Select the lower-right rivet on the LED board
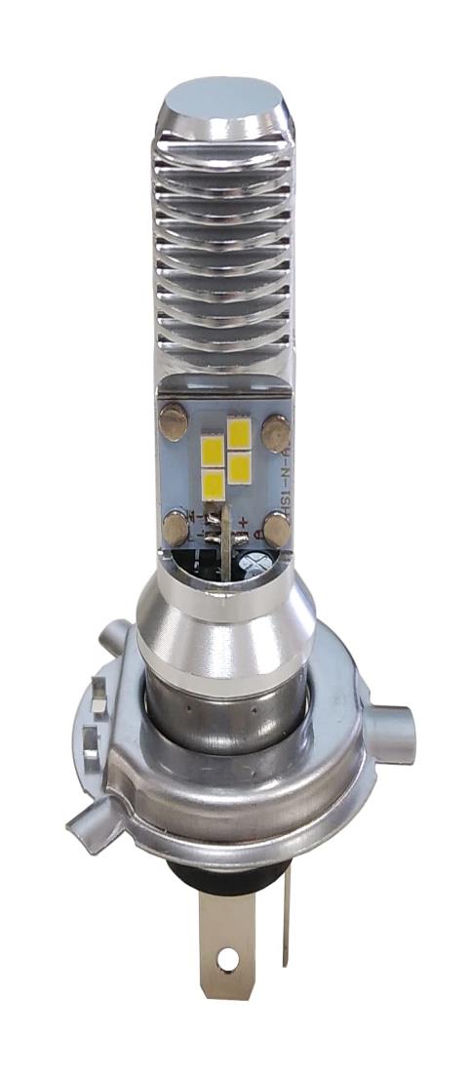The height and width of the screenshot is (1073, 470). pos(277,530)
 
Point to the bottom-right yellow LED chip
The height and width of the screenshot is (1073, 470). pos(239,466)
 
